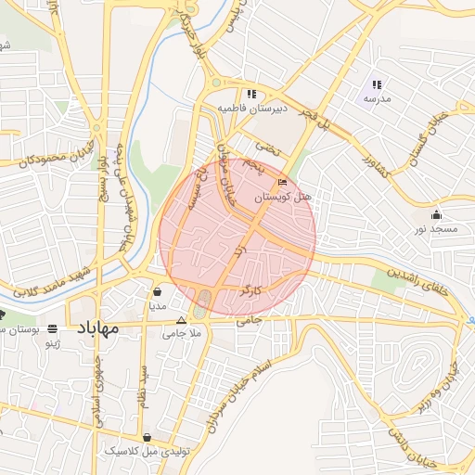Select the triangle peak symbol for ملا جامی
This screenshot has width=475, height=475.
[x=181, y=319]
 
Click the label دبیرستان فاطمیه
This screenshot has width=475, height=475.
[x=250, y=109]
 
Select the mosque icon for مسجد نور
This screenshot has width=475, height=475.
[x=437, y=215]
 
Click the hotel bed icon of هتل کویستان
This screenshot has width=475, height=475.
[x=283, y=184]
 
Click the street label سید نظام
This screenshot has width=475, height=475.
[x=143, y=381]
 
